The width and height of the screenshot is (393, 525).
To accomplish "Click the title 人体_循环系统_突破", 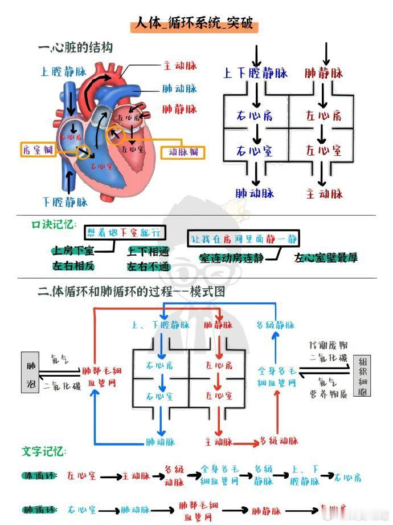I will tap(194, 25).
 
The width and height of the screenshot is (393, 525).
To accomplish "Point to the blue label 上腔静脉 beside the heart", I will tap(64, 72).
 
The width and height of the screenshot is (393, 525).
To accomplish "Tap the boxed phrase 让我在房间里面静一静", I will tap(245, 239).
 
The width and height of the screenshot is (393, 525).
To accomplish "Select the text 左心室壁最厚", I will tap(326, 258).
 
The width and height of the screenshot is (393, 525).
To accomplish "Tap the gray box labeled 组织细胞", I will tap(363, 377).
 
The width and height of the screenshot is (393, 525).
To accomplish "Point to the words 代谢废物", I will tap(329, 346).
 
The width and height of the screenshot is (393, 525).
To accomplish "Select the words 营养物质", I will tap(329, 394).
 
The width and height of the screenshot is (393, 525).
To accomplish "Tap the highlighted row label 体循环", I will tap(40, 475).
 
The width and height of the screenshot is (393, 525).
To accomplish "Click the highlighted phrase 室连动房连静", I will tap(231, 258).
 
